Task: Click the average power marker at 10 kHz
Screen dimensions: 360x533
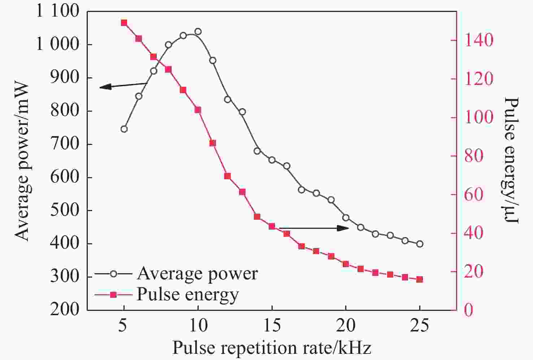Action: pyautogui.click(x=198, y=31)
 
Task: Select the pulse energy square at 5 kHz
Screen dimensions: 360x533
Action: pyautogui.click(x=124, y=23)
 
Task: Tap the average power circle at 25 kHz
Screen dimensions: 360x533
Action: pyautogui.click(x=420, y=244)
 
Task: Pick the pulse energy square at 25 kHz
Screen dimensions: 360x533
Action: pyautogui.click(x=420, y=279)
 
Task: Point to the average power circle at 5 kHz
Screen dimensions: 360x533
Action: pyautogui.click(x=124, y=129)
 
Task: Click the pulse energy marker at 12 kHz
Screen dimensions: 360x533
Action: pyautogui.click(x=227, y=176)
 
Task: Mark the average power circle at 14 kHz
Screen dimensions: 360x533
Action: pyautogui.click(x=257, y=151)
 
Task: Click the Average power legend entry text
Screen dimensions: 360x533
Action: pyautogui.click(x=197, y=274)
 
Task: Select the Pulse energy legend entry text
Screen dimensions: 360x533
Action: pyautogui.click(x=187, y=295)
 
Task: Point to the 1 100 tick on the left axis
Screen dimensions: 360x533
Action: pyautogui.click(x=57, y=12)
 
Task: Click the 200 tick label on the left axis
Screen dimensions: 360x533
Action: pyautogui.click(x=65, y=310)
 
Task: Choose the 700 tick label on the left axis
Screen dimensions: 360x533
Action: pyautogui.click(x=65, y=144)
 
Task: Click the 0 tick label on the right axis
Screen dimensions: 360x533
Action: pyautogui.click(x=468, y=310)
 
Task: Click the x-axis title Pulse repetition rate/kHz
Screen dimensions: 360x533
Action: pyautogui.click(x=272, y=348)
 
